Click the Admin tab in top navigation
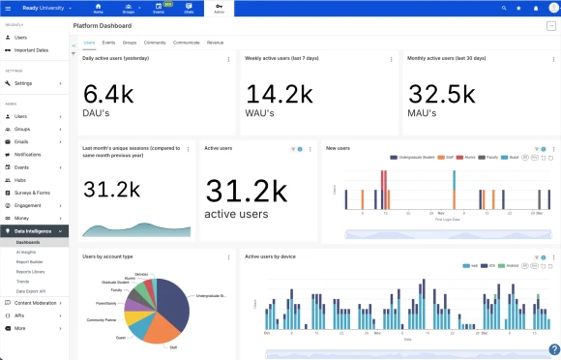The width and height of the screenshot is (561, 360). (219, 8)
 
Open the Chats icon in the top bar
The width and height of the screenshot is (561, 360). (188, 8)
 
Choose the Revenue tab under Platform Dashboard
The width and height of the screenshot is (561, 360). (215, 43)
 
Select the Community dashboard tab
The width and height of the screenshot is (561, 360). (155, 43)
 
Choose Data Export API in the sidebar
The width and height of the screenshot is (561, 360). (33, 290)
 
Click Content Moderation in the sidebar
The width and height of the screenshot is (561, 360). (39, 303)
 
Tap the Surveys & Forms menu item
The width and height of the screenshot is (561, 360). (34, 193)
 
